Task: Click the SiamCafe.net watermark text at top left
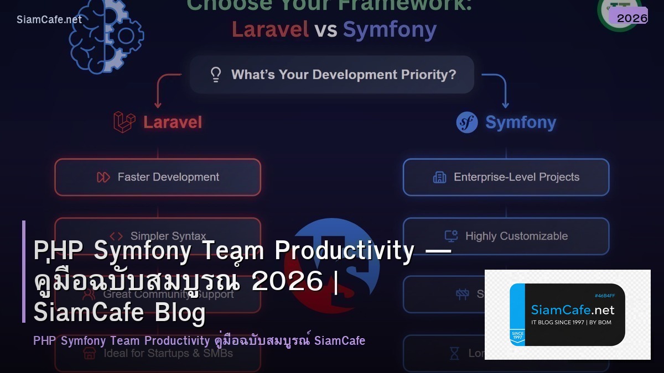(49, 19)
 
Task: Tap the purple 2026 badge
(631, 18)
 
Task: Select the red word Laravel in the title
(270, 29)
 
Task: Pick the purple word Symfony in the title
(390, 29)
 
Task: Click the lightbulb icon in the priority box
(216, 75)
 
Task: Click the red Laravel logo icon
(124, 122)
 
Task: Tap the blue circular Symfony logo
(467, 122)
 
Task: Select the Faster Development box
(158, 177)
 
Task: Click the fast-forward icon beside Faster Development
(103, 177)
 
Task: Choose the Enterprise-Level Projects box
(506, 177)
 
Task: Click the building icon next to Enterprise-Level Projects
(439, 177)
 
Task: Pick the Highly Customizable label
(516, 236)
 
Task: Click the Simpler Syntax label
(168, 236)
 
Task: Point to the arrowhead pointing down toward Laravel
(158, 104)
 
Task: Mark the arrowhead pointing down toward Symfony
(505, 104)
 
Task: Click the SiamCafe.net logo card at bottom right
(567, 314)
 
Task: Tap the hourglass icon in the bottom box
(454, 353)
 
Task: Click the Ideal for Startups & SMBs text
(168, 353)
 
